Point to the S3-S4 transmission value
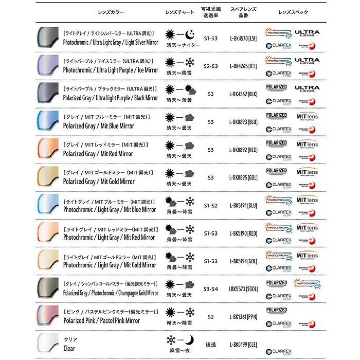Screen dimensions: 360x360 pyautogui.click(x=210, y=289)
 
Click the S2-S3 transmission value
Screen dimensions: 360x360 pyautogui.click(x=210, y=66)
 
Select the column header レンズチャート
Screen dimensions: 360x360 pyautogui.click(x=179, y=12)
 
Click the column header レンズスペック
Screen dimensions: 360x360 pyautogui.click(x=293, y=12)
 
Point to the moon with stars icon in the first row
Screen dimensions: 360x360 pyautogui.click(x=190, y=34)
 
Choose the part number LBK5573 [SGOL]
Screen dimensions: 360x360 pyautogui.click(x=243, y=289)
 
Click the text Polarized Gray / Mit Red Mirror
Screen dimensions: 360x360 pyautogui.click(x=98, y=154)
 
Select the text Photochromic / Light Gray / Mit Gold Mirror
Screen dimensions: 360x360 pyautogui.click(x=109, y=265)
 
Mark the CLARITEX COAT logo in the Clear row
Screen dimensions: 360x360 pyautogui.click(x=279, y=351)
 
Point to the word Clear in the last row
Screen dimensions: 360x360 pyautogui.click(x=69, y=348)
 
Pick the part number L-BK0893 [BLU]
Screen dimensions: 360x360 pyautogui.click(x=243, y=122)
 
